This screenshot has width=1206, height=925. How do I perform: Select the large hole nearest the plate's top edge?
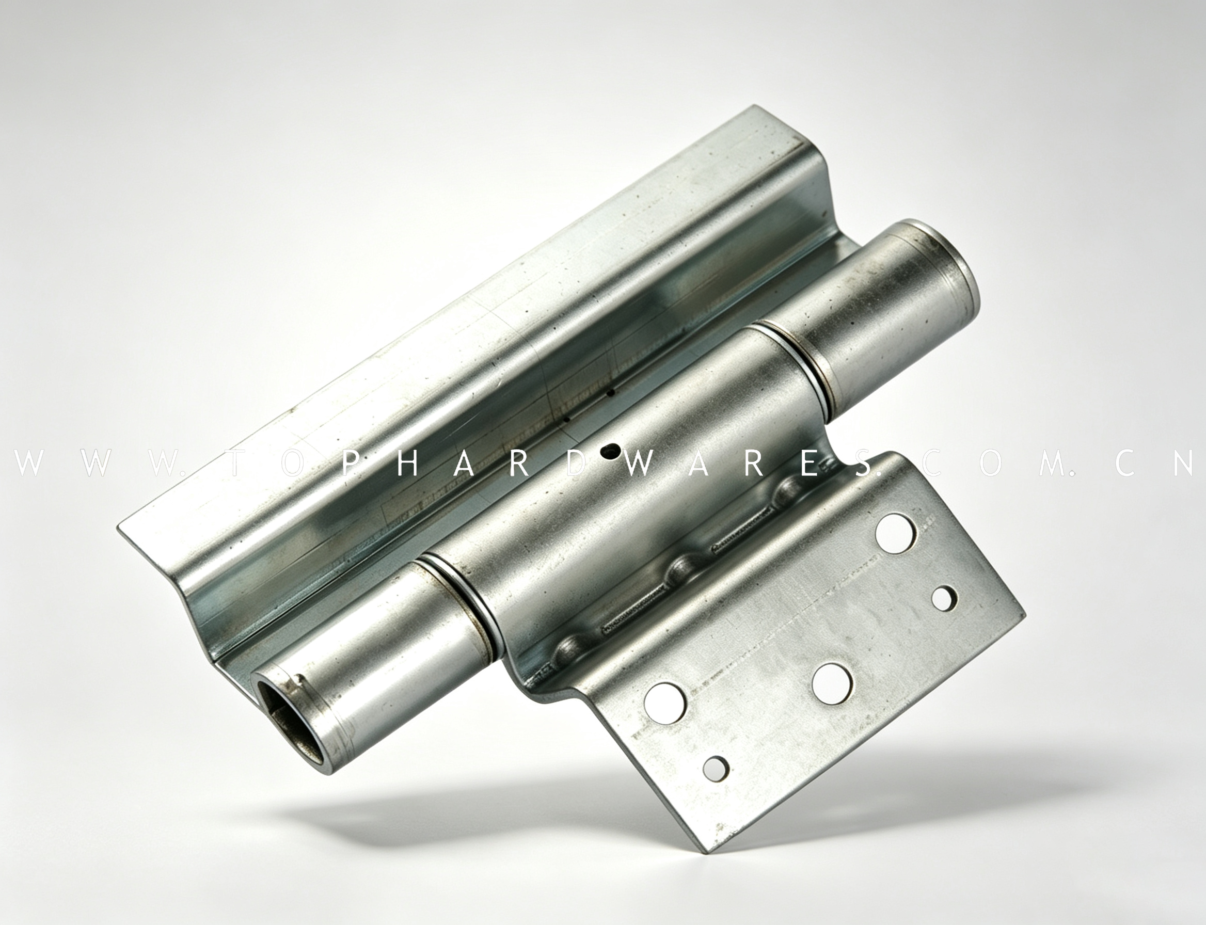point(896,532)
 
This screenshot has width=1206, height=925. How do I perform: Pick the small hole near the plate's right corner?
point(944,598)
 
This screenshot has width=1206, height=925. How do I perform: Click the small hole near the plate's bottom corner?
point(716,768)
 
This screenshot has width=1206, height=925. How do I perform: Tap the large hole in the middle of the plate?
point(832,684)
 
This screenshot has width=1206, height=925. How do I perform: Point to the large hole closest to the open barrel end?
point(664,703)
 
